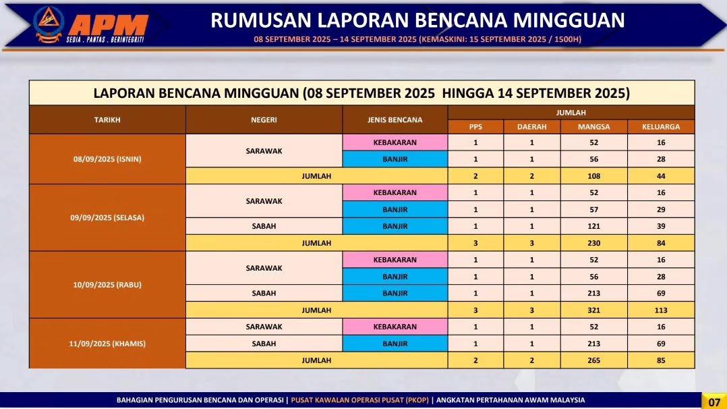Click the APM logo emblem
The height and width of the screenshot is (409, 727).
pyautogui.click(x=49, y=24)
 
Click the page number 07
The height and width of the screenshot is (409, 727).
pyautogui.click(x=714, y=402)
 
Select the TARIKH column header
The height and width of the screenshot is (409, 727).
pyautogui.click(x=107, y=119)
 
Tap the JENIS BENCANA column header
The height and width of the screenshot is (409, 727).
pyautogui.click(x=395, y=119)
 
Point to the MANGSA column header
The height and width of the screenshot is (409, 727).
pyautogui.click(x=594, y=127)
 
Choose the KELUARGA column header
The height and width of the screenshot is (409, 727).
pyautogui.click(x=661, y=127)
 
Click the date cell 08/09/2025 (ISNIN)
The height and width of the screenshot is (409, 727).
pyautogui.click(x=107, y=159)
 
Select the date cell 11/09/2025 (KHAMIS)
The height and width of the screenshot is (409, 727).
pyautogui.click(x=107, y=344)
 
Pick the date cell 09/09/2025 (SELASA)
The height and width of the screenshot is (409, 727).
pyautogui.click(x=107, y=217)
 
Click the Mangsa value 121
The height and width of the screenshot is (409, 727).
pyautogui.click(x=594, y=226)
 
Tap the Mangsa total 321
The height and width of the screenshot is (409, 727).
pyautogui.click(x=594, y=310)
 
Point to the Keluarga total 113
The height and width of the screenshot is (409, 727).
pyautogui.click(x=661, y=310)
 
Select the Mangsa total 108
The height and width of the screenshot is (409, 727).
pyautogui.click(x=594, y=176)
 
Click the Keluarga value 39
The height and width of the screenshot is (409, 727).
pyautogui.click(x=661, y=226)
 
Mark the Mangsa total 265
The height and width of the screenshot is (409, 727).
pyautogui.click(x=594, y=360)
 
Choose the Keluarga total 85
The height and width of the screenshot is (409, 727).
pyautogui.click(x=661, y=360)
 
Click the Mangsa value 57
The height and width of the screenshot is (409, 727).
pyautogui.click(x=594, y=209)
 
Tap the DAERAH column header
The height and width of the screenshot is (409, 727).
pyautogui.click(x=532, y=127)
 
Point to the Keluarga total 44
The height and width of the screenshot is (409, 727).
pyautogui.click(x=661, y=176)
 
